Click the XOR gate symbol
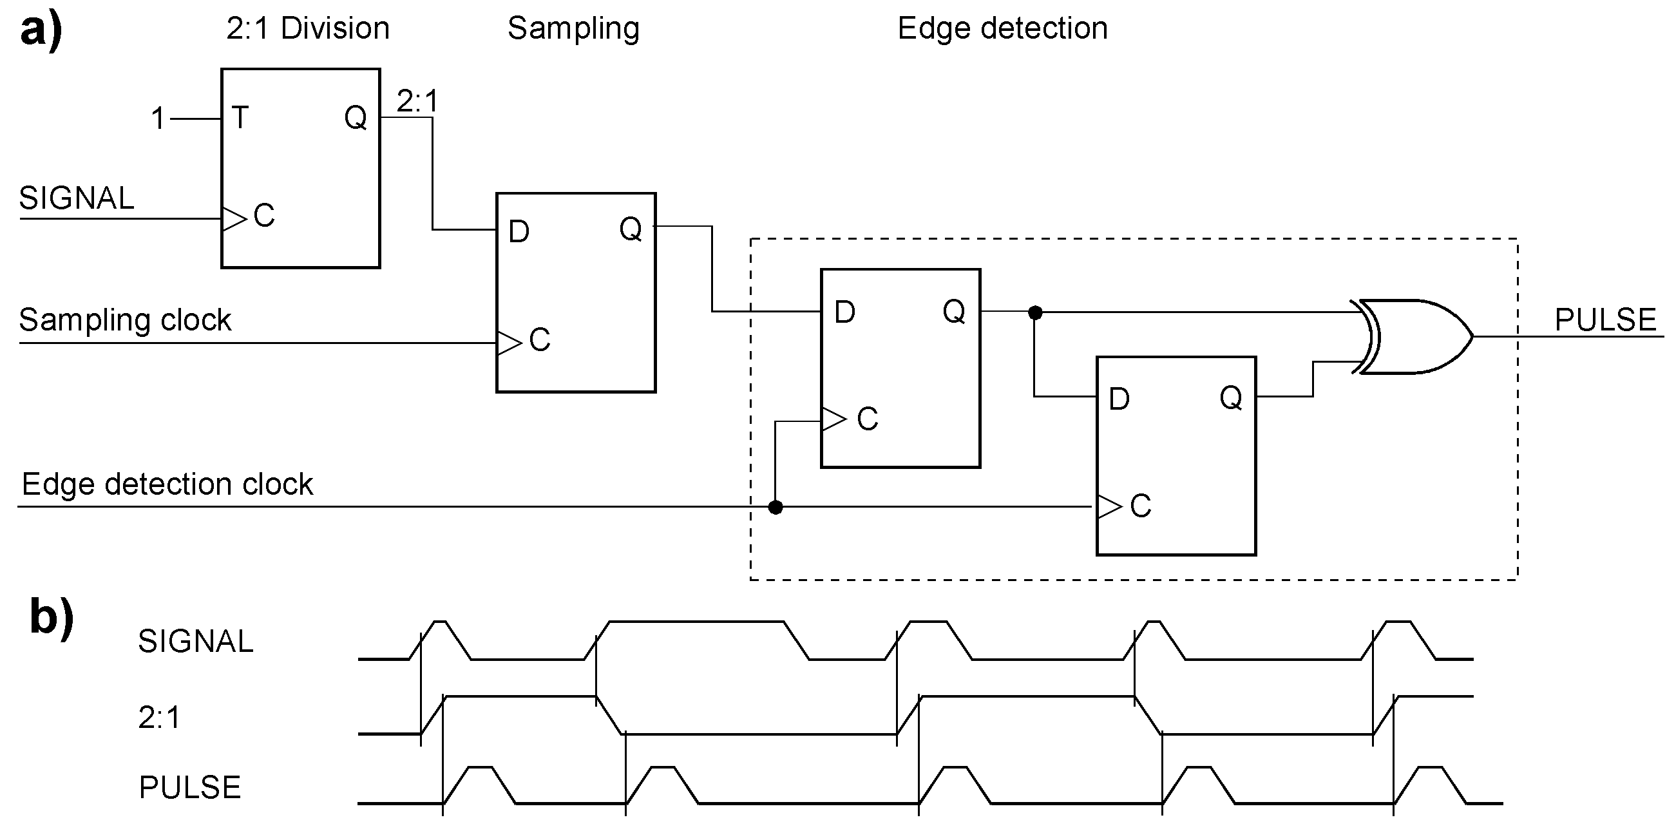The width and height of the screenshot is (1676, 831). (x=1412, y=336)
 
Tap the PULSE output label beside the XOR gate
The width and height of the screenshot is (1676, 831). (x=1605, y=320)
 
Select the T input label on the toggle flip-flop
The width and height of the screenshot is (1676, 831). (x=240, y=118)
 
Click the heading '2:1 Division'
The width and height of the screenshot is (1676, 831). (x=308, y=28)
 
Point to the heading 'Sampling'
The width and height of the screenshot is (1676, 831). (x=573, y=28)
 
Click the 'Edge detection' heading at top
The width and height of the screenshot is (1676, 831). (x=1002, y=28)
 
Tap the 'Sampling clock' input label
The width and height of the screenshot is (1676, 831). (x=125, y=320)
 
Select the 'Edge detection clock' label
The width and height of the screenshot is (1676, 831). (x=167, y=484)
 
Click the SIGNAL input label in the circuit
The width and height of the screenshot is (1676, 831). (x=76, y=198)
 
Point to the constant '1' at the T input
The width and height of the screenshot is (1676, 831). (x=158, y=119)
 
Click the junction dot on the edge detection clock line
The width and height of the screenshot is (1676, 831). (x=775, y=507)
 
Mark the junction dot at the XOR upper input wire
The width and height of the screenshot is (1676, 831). (x=1035, y=313)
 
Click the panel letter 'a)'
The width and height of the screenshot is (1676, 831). (x=41, y=30)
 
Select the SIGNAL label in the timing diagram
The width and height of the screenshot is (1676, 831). (x=195, y=642)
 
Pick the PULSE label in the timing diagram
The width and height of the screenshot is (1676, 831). (x=190, y=787)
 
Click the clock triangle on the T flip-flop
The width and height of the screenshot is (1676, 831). (x=234, y=218)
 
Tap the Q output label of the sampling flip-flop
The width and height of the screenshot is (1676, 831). (x=631, y=229)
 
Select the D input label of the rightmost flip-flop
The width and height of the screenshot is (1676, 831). (x=1119, y=399)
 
